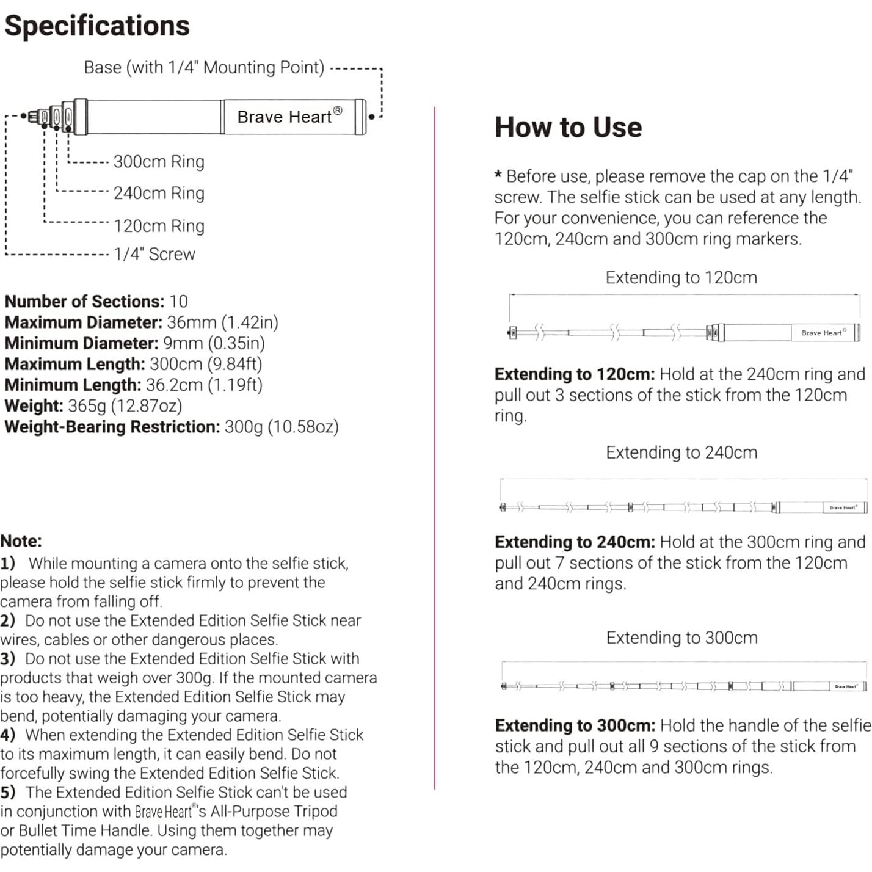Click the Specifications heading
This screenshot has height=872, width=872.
[97, 26]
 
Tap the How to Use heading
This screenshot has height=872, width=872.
[568, 128]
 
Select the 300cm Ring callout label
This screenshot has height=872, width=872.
[159, 162]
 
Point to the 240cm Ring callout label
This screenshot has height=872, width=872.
[159, 194]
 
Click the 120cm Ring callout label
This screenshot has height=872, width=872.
[159, 226]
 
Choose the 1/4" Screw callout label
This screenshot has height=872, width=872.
[154, 254]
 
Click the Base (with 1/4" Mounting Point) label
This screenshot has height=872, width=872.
[204, 67]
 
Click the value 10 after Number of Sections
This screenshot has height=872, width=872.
[178, 302]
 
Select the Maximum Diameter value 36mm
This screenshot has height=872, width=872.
[191, 322]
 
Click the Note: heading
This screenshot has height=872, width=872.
[21, 541]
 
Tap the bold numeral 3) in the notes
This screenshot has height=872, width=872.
[8, 659]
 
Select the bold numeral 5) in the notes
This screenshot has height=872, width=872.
[8, 793]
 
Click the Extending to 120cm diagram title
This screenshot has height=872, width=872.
[681, 278]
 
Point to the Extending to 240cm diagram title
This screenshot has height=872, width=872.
[681, 452]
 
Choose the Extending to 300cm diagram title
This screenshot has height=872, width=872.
[681, 638]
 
